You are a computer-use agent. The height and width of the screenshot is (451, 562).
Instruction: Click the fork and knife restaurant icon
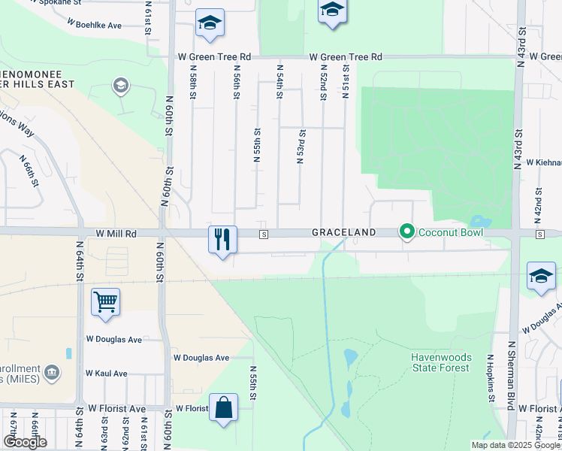click(x=222, y=240)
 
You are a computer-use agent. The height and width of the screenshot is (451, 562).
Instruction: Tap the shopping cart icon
click(x=105, y=301)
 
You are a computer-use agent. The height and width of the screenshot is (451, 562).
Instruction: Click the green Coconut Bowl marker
click(x=407, y=232)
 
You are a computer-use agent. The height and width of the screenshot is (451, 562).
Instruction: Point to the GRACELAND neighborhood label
click(x=343, y=233)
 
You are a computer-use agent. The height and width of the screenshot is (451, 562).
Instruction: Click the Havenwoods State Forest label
click(x=440, y=362)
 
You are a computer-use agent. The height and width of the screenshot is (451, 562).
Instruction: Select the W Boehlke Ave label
click(x=94, y=25)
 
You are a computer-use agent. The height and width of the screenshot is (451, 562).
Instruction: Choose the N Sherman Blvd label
click(x=511, y=376)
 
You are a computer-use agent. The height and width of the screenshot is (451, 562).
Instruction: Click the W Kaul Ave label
click(x=107, y=373)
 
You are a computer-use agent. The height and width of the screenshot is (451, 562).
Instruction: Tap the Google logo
click(x=26, y=442)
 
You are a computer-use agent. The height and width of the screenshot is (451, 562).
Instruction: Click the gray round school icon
click(x=119, y=86)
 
